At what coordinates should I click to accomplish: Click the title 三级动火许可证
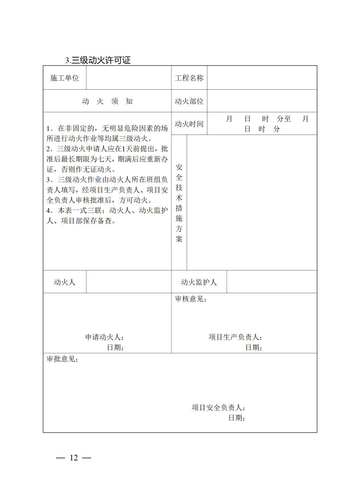[98, 60]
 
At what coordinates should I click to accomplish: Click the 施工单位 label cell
[65, 78]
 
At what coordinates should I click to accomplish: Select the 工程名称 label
[189, 78]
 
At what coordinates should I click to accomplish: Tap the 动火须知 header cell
[107, 101]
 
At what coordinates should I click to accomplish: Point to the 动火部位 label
[189, 101]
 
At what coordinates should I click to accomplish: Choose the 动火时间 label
[189, 124]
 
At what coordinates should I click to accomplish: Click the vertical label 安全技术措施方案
[179, 203]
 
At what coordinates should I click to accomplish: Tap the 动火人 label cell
[65, 282]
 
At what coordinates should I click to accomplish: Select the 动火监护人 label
[199, 282]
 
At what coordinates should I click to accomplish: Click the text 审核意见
[191, 299]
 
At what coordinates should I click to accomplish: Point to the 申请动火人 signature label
[104, 337]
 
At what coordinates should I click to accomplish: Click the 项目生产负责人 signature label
[235, 337]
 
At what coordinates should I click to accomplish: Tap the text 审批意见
[62, 359]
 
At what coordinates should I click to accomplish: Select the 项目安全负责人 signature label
[218, 407]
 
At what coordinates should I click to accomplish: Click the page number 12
[74, 458]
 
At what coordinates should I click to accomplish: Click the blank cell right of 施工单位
[129, 78]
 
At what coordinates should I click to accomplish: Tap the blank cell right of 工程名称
[262, 78]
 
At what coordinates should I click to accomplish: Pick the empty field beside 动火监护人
[272, 282]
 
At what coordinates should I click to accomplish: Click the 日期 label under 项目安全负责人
[237, 418]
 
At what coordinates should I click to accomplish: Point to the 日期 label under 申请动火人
[115, 347]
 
